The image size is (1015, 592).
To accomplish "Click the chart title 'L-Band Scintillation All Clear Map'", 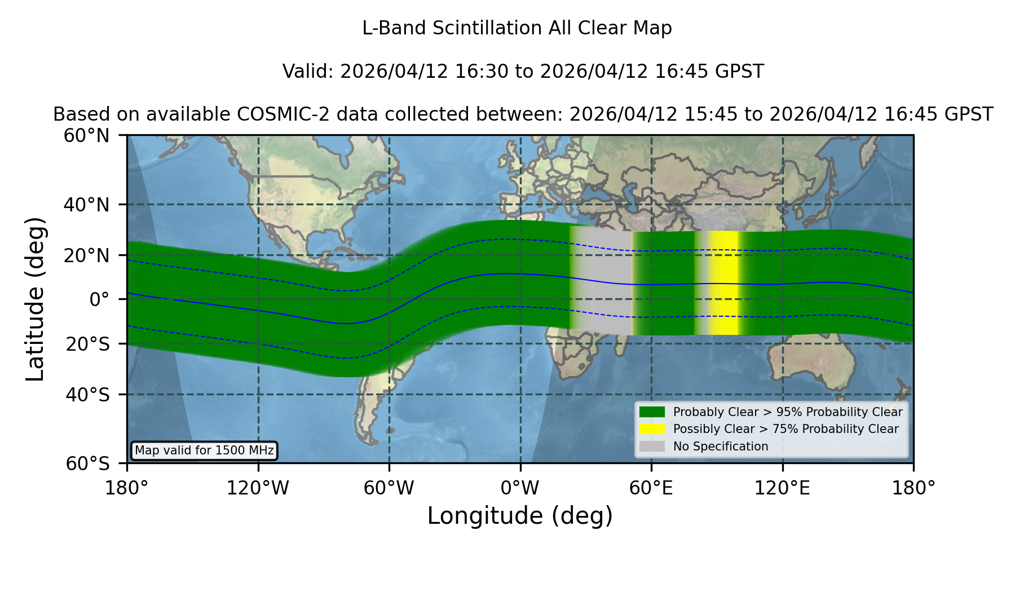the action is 517,28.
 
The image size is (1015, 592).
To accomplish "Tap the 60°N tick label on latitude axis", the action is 87,135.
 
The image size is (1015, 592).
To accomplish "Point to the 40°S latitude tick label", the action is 87,395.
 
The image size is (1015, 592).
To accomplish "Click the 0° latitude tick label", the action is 99,299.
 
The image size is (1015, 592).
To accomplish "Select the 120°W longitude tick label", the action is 258,488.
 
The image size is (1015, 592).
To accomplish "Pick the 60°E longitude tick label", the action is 651,488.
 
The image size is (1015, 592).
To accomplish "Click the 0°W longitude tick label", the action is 520,488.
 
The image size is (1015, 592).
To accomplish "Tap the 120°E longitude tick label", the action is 783,488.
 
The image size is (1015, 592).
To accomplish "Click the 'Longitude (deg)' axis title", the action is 520,516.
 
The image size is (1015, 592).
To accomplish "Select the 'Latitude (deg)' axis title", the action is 35,299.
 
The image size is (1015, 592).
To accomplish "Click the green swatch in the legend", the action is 652,412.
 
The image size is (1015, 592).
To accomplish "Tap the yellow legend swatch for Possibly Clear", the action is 652,429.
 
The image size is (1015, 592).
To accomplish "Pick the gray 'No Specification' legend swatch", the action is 652,447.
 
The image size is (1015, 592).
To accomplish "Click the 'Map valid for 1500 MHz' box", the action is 204,450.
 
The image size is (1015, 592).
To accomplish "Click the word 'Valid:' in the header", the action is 308,72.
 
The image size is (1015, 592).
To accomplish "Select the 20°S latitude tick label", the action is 87,344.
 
